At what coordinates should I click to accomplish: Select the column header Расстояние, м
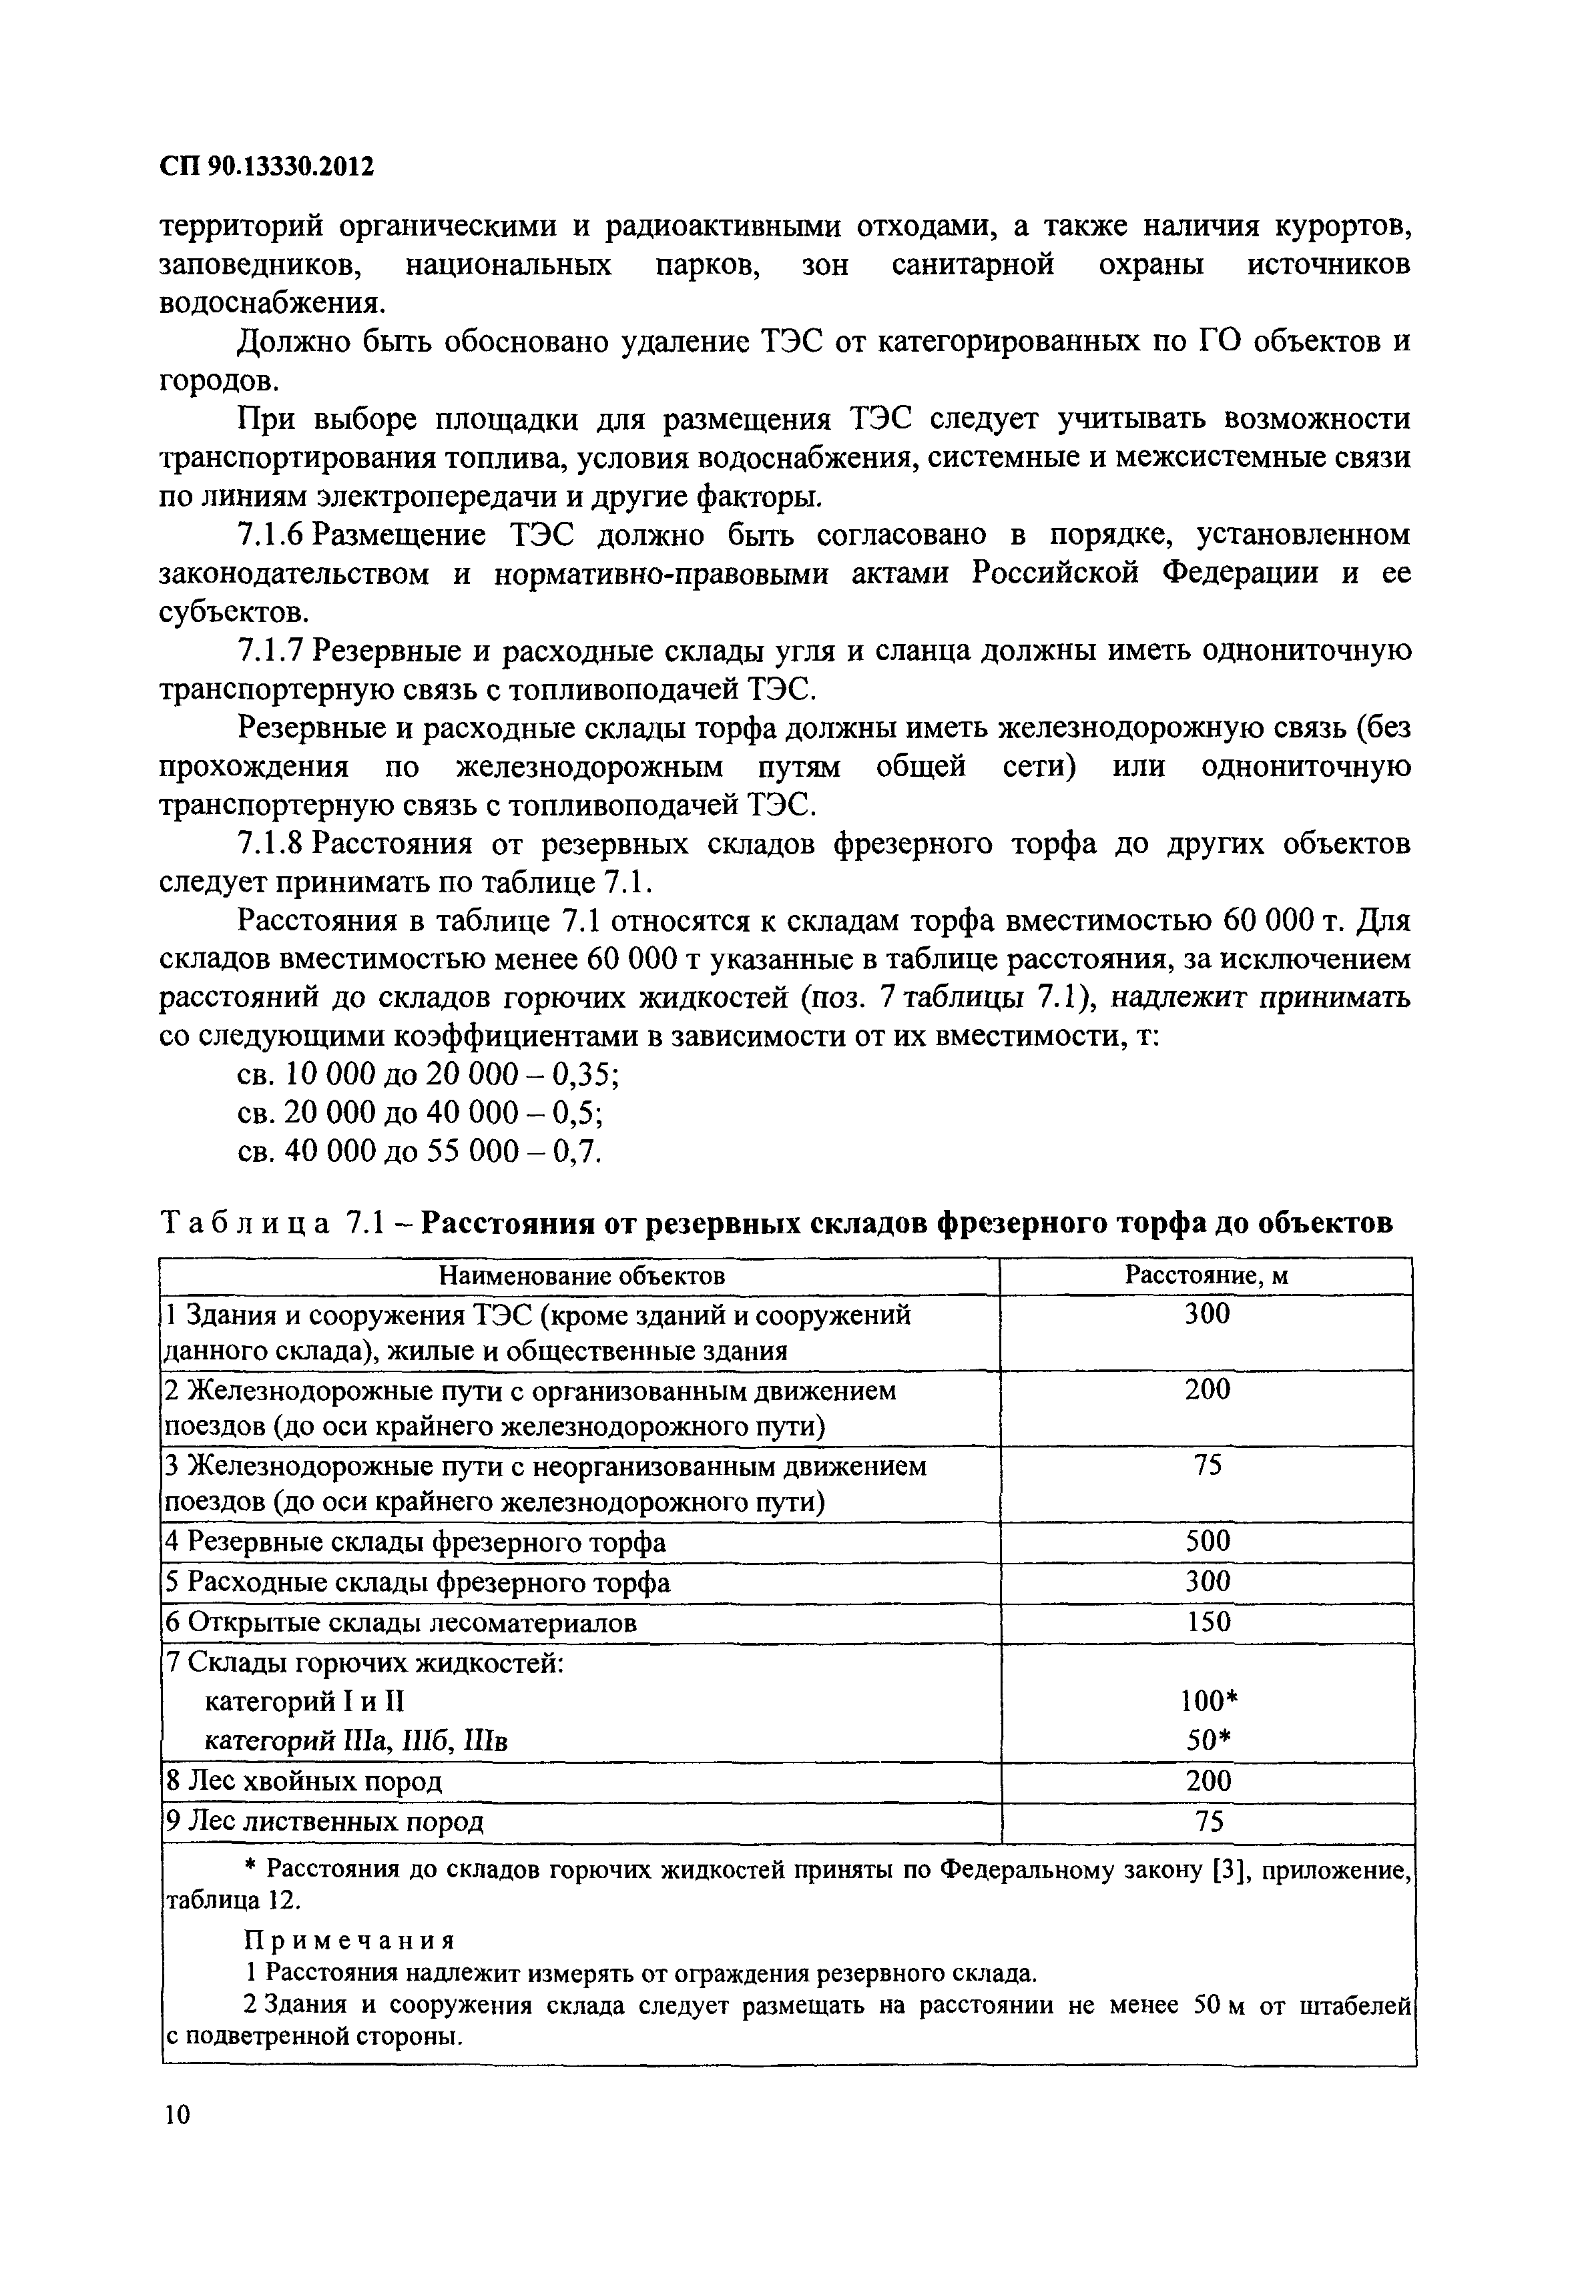tap(1207, 1276)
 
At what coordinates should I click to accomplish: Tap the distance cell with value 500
tap(1207, 1542)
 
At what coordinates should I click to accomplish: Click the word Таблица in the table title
tap(245, 1224)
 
